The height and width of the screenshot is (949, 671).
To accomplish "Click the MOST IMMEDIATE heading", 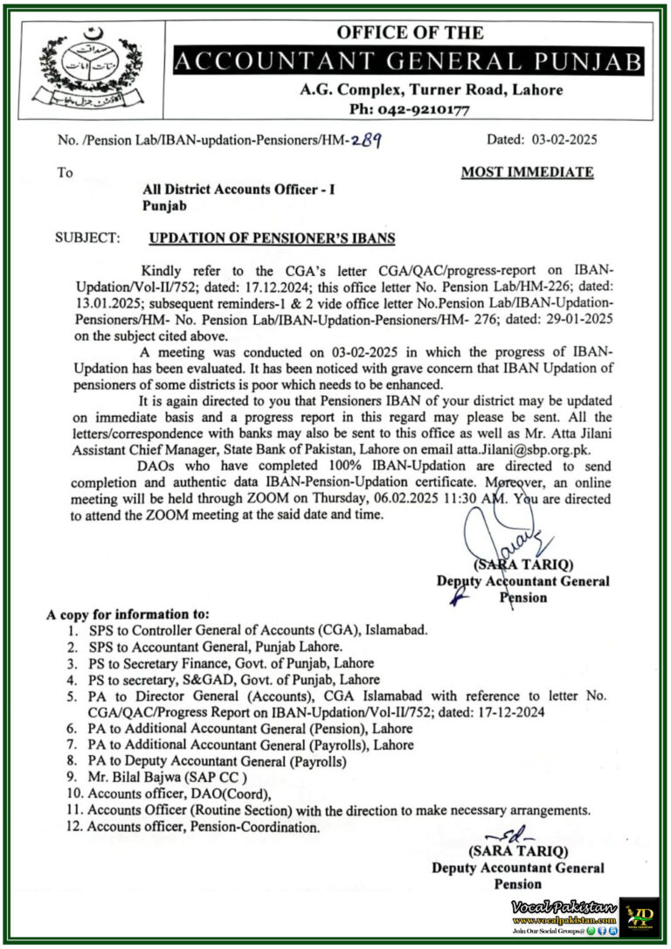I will (x=527, y=172).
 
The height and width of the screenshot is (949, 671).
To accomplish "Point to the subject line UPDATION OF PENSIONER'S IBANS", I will (x=272, y=238).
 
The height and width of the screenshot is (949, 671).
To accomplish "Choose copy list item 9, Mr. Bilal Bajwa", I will (x=163, y=777).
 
